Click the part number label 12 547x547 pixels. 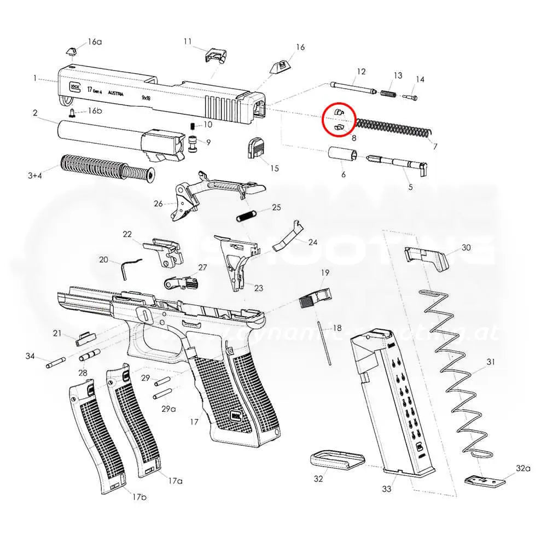click(x=360, y=72)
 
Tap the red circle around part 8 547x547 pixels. click(x=339, y=119)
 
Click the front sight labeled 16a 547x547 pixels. click(x=71, y=50)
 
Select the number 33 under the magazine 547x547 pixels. click(x=387, y=488)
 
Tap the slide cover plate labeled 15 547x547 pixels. click(x=256, y=148)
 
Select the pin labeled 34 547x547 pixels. click(x=56, y=361)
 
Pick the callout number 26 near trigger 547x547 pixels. click(x=158, y=203)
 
